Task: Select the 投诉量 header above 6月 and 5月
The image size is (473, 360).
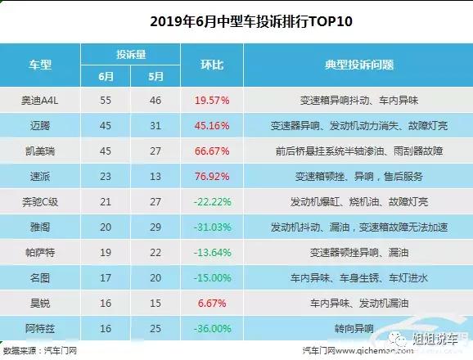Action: point(128,52)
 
